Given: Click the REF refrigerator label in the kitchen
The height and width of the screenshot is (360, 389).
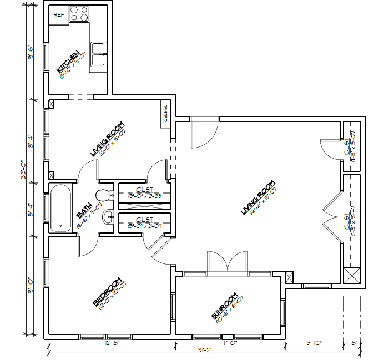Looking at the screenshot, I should coord(59,15).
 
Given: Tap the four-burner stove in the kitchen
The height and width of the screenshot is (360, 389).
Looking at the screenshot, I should coord(79,14).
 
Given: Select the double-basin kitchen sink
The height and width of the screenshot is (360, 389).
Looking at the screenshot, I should coord(100,55).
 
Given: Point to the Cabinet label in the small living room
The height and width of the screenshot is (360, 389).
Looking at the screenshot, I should coord(165,114).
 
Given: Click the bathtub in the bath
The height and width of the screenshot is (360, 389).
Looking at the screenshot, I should coord(60,208).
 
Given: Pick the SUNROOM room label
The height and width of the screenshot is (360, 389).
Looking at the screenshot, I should coord(224,307).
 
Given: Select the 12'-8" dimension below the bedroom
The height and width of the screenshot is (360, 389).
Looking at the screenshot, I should coord(112,343).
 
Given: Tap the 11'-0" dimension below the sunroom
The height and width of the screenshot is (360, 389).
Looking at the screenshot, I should coord(230,343).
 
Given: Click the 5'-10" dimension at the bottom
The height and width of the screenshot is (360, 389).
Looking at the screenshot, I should coord(315,343).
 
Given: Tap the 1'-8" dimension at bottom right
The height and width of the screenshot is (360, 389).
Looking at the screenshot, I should coord(351,343).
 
